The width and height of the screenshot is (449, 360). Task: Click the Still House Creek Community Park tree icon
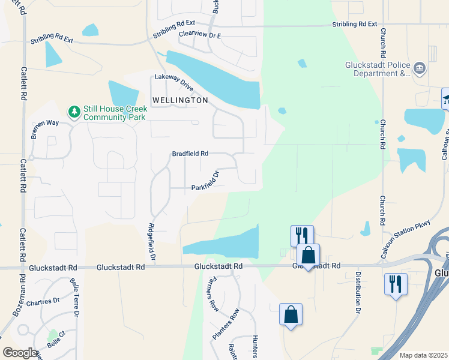[x=74, y=112]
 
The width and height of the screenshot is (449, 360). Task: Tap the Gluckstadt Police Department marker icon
[x=420, y=69]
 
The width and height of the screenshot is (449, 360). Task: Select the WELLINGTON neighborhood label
[x=180, y=100]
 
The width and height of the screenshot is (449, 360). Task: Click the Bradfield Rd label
[x=190, y=154]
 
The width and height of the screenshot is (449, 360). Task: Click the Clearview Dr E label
[x=200, y=35]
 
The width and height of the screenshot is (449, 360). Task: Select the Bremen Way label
[x=45, y=126]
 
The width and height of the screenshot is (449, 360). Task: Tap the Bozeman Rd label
[x=16, y=300]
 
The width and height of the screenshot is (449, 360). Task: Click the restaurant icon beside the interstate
[x=396, y=283]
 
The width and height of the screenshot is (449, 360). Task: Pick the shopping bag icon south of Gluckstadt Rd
[x=291, y=314]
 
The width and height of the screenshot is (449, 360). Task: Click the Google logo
[x=20, y=353]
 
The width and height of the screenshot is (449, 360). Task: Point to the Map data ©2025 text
[x=423, y=355]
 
